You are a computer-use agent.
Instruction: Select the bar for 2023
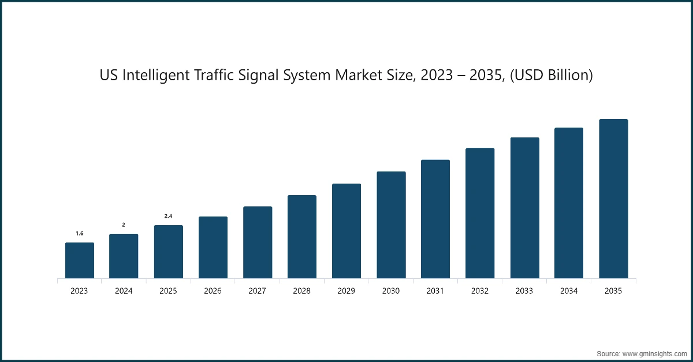(79, 260)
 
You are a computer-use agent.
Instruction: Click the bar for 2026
(213, 248)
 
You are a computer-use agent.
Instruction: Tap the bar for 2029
(346, 231)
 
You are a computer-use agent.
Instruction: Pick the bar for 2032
(480, 213)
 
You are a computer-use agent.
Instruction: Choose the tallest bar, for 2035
(613, 199)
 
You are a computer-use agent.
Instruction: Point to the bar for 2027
(258, 242)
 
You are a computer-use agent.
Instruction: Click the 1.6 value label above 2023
(80, 233)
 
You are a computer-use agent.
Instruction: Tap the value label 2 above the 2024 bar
(124, 225)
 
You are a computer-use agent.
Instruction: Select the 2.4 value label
(169, 216)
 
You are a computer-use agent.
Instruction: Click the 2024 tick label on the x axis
(124, 292)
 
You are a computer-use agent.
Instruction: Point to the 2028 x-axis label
(302, 292)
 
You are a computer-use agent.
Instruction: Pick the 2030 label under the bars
(391, 292)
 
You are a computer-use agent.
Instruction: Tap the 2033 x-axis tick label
(524, 292)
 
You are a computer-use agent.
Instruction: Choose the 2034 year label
(569, 292)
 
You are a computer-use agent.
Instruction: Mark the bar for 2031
(435, 219)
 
